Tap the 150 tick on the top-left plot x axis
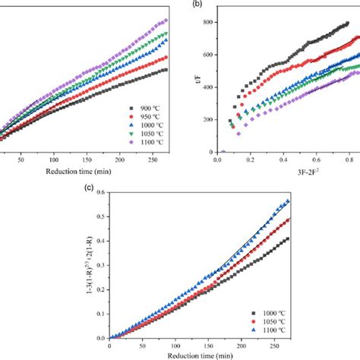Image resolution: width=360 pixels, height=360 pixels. coord(118,160)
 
